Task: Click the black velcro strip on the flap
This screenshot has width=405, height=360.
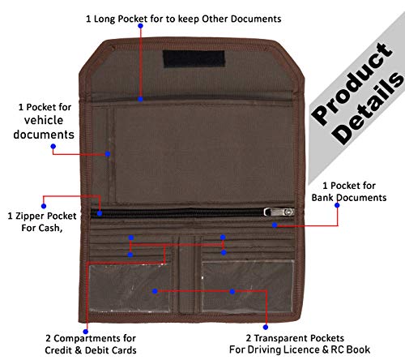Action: pos(194,58)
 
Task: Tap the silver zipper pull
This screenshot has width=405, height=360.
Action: pos(279,212)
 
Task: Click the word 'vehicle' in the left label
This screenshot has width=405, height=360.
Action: pos(44,120)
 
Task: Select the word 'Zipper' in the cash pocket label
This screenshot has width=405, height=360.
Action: pos(30,216)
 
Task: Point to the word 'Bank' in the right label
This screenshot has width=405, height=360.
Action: pos(322,198)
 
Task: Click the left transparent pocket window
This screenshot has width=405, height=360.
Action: pos(130,288)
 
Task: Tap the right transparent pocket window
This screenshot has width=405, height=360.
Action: pos(248,287)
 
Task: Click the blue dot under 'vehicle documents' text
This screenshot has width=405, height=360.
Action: pos(53,147)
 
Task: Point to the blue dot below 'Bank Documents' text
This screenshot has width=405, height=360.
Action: pos(337,205)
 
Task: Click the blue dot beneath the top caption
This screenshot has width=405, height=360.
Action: pos(140,26)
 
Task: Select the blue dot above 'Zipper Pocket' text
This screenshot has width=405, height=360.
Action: pos(44,206)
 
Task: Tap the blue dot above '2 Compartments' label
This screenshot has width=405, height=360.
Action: pos(86,332)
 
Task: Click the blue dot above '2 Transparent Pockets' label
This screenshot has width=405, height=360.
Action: pos(266,328)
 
